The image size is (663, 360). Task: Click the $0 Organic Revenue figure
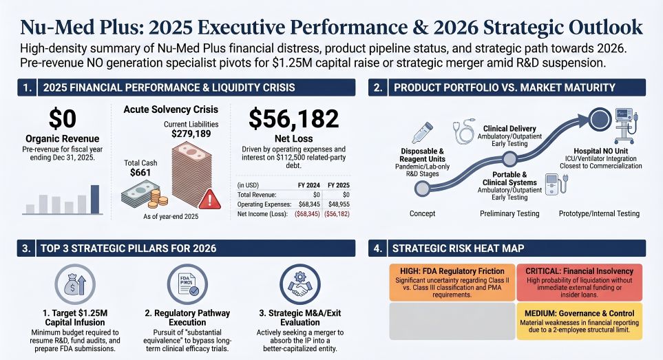click(63, 118)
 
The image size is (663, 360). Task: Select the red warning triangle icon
click(208, 200)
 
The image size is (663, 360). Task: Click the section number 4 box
click(378, 248)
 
